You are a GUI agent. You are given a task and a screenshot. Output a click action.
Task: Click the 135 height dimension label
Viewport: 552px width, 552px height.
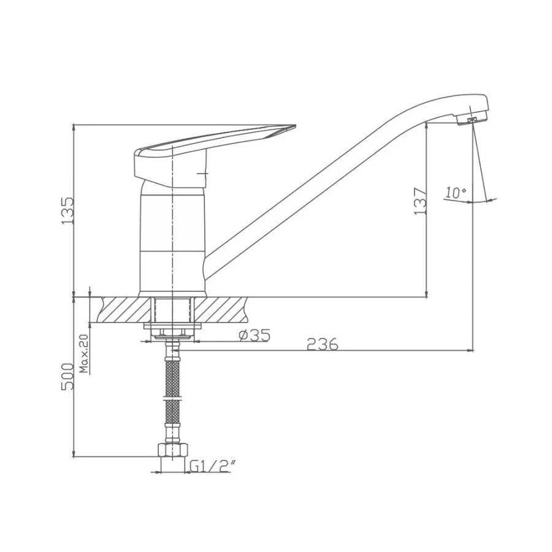coord(67,211)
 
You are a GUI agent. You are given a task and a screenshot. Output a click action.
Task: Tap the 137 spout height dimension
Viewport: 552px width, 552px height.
coord(420,202)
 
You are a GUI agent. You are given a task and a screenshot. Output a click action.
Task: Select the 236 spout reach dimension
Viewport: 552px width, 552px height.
coord(323,344)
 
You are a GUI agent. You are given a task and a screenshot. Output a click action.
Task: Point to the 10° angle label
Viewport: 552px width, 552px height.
coord(456,193)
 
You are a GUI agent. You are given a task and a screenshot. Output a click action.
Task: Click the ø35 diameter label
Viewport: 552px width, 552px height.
coord(255,335)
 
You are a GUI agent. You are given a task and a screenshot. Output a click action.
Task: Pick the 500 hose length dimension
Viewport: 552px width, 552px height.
coord(67,376)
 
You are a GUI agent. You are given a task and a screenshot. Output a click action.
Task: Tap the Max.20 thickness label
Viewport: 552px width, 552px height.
coord(84,353)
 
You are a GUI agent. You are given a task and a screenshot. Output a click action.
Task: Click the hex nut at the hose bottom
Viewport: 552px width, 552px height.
coord(172,450)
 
